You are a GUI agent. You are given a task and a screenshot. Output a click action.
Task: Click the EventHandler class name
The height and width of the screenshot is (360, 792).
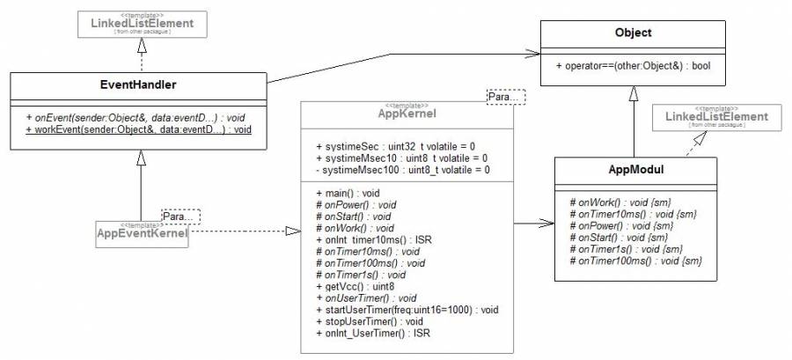(x=138, y=86)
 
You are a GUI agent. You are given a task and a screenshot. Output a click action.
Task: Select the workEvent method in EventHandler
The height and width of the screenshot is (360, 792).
(x=138, y=129)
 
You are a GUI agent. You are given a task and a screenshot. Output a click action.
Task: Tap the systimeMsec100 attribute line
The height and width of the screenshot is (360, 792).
(x=402, y=169)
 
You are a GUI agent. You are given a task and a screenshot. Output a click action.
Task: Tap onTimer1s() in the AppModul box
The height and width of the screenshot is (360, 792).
(x=626, y=249)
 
